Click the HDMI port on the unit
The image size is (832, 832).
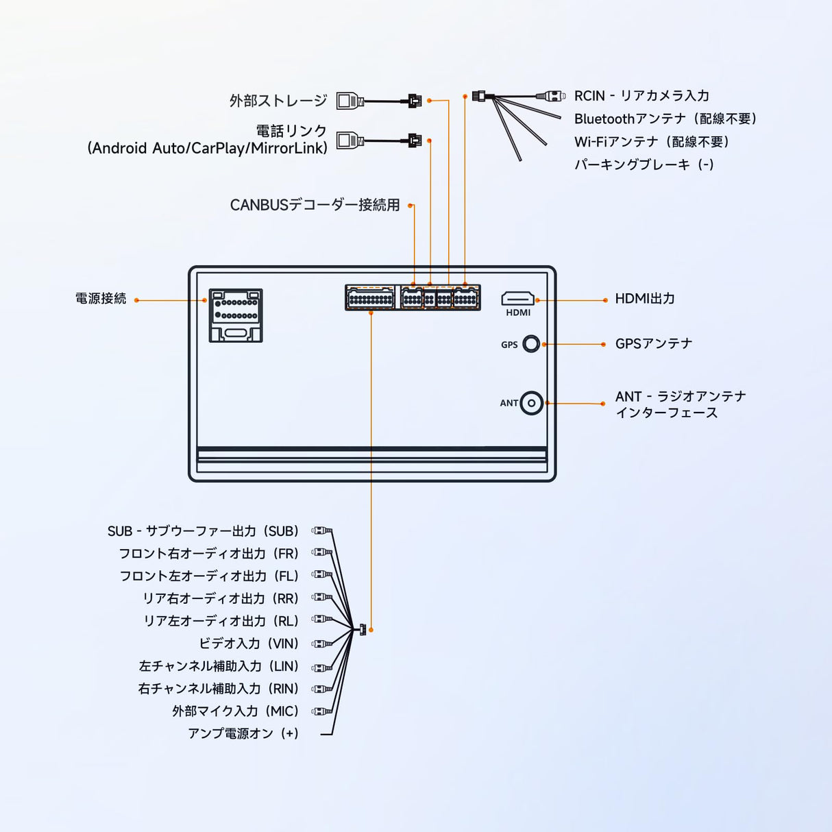coord(517,299)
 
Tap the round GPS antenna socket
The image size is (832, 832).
coord(531,344)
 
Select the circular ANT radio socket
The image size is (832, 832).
coord(531,403)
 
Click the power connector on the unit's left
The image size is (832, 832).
coord(235,315)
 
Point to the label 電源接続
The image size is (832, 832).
coord(101,299)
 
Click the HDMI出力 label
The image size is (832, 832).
coord(644,299)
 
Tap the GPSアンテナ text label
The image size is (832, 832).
coord(653,343)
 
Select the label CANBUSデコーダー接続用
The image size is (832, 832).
coord(315,205)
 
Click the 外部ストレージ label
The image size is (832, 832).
coord(278,101)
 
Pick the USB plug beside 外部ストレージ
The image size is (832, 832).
coord(350,101)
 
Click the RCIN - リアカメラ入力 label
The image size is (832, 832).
coord(641,96)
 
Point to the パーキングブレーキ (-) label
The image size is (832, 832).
coord(644,164)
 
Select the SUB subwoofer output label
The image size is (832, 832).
coord(203,531)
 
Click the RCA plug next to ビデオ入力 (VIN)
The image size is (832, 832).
coord(321,644)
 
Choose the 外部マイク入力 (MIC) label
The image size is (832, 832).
coord(235,711)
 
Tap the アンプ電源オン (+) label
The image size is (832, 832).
coord(243,733)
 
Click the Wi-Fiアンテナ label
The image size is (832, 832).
coord(651,142)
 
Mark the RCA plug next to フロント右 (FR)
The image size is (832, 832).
coord(321,552)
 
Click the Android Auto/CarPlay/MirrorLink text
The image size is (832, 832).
coord(207,148)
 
